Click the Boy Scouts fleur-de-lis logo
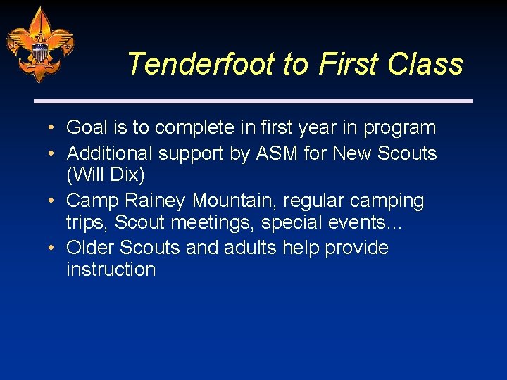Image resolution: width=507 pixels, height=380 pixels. click(39, 44)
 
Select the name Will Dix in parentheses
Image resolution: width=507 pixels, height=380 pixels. click(105, 175)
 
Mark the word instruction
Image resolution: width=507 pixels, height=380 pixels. click(111, 270)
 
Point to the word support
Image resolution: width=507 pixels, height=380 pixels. click(194, 153)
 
